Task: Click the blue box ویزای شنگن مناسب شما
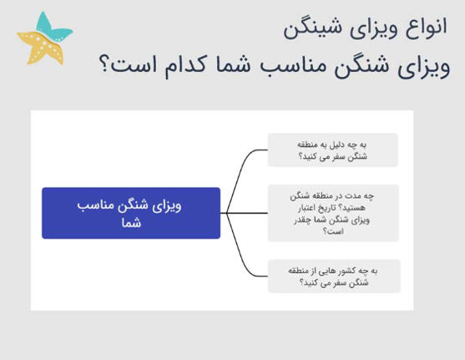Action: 131,213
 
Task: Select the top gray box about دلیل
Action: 332,150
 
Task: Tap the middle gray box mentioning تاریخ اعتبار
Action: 332,213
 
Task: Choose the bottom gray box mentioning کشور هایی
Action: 332,276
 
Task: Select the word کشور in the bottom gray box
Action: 347,271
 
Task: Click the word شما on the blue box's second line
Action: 131,223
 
